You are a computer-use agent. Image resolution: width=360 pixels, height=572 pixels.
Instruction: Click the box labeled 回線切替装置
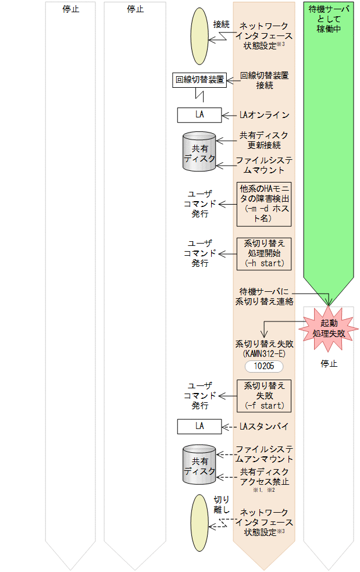tap(199, 80)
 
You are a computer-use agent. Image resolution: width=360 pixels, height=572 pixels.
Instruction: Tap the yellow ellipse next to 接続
tap(199, 36)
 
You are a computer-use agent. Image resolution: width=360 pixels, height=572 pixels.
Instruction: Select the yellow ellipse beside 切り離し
tap(199, 523)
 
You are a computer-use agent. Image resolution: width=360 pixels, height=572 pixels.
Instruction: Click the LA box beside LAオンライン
tap(199, 115)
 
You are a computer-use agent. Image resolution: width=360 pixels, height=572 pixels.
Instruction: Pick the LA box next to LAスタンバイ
tap(199, 426)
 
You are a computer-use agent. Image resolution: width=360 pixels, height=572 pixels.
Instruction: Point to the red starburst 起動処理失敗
tap(329, 328)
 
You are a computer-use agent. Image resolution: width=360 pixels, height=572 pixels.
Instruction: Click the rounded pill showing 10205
tap(264, 366)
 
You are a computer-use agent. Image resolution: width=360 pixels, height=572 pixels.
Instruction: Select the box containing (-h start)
tap(264, 253)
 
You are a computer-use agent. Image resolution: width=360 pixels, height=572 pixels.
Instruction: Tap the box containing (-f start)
tap(264, 396)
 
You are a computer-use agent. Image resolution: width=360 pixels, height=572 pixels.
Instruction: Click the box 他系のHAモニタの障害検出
tap(264, 203)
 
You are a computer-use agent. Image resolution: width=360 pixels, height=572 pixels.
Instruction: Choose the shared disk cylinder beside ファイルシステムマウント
tap(199, 152)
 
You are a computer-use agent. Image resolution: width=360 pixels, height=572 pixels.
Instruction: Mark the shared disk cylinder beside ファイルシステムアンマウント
tap(199, 464)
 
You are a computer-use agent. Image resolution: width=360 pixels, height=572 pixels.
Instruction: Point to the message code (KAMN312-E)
tap(264, 353)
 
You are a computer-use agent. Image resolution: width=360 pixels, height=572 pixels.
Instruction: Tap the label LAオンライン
tap(264, 115)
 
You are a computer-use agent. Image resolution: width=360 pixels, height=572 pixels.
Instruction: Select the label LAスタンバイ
tap(264, 426)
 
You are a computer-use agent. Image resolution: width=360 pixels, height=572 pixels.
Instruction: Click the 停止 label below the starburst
tap(329, 364)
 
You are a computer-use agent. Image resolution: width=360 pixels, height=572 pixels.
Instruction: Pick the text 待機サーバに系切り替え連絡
tap(264, 296)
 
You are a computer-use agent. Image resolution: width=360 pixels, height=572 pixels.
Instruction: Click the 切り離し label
tap(222, 505)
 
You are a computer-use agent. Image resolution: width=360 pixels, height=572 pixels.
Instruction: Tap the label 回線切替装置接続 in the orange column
tap(265, 80)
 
